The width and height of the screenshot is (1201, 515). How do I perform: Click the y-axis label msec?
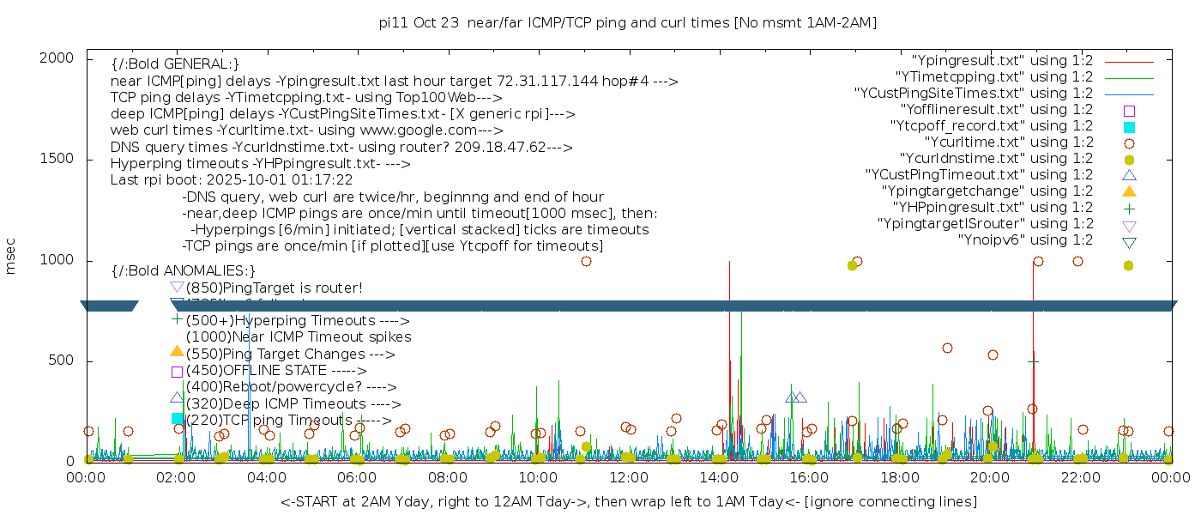11,256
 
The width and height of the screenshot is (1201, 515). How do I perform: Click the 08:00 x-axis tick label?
447,476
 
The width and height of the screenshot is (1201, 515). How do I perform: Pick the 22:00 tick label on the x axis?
1079,476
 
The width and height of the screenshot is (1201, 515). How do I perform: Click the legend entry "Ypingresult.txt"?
1002,61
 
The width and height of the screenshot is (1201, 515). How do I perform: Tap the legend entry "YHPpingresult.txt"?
993,208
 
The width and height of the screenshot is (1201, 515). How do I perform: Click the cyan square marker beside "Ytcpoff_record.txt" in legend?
1129,127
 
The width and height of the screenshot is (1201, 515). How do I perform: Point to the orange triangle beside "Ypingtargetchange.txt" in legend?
1129,191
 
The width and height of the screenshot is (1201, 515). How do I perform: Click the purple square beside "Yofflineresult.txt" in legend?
1129,111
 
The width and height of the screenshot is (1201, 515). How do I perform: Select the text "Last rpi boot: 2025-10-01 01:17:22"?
232,180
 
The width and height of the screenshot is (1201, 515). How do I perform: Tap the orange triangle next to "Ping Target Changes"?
177,351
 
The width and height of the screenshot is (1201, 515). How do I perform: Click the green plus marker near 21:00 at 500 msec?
1033,362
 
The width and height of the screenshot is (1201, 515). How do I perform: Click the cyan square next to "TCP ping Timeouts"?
177,419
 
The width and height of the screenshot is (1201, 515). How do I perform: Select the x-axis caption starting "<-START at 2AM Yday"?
628,501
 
